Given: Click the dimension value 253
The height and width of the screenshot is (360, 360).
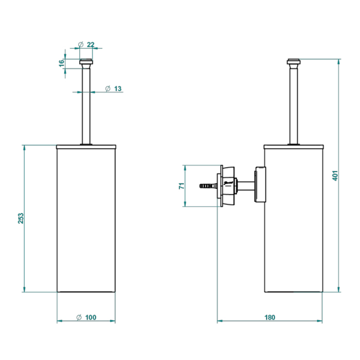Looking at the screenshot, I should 21,219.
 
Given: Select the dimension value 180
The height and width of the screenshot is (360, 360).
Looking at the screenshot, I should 269,317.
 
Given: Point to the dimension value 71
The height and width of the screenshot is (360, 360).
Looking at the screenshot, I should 182,186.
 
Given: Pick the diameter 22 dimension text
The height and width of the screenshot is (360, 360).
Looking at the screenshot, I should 91,45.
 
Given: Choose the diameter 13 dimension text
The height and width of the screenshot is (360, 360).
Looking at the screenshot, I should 117,88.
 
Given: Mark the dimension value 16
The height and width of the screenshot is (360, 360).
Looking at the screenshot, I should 61,63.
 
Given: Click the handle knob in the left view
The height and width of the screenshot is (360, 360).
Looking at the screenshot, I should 86,64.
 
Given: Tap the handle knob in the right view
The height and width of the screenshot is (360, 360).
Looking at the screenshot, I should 293,64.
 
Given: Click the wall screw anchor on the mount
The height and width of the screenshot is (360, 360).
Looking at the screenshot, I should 206,185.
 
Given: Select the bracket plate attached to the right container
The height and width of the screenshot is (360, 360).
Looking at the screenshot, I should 261,185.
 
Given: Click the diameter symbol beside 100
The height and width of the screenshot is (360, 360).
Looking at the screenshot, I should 79,317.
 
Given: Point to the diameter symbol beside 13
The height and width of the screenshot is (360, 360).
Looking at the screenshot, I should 107,88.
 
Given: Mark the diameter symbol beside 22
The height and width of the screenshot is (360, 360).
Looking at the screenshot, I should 81,45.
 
